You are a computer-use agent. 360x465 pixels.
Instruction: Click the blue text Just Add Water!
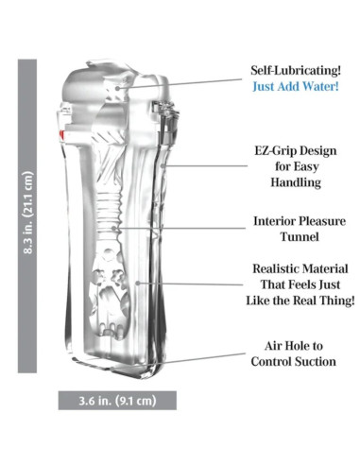[296, 86]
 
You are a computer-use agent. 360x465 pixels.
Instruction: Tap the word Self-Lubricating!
[296, 70]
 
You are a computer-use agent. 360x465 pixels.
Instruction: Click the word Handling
[296, 181]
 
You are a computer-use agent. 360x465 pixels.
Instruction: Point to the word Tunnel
[300, 236]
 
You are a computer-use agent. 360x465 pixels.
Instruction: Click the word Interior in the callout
[274, 221]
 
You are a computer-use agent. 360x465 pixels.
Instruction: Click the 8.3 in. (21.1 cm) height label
[28, 213]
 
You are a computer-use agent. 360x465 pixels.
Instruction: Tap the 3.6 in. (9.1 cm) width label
[117, 401]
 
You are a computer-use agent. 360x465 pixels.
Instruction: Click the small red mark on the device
[62, 135]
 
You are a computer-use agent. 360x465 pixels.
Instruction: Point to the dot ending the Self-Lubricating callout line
[117, 88]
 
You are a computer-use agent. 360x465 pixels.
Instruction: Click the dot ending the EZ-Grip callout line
[163, 165]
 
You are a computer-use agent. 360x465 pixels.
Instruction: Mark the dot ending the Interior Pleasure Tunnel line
[113, 228]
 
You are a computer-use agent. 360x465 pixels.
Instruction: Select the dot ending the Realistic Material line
[138, 284]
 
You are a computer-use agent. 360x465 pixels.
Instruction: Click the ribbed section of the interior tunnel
[110, 206]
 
